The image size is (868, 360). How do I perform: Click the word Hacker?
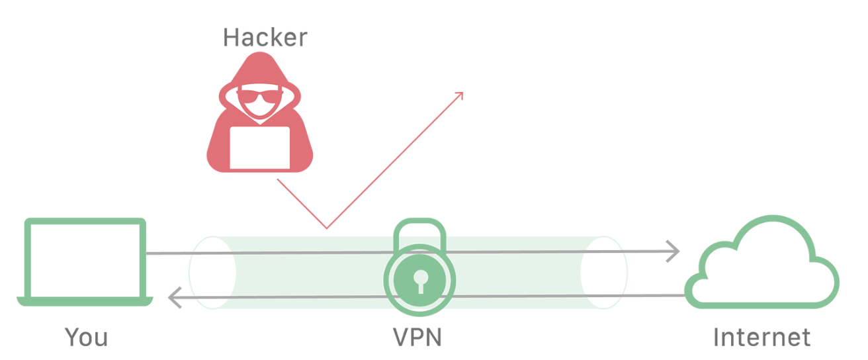[x=265, y=37]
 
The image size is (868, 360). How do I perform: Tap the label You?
[x=86, y=337]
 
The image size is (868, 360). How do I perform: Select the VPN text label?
[x=417, y=337]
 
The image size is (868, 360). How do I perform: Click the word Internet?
[x=761, y=337]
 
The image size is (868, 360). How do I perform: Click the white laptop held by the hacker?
[x=259, y=148]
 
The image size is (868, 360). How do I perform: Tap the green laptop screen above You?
[x=85, y=258]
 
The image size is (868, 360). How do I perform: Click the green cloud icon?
[x=761, y=265]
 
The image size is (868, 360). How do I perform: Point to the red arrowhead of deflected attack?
[x=459, y=95]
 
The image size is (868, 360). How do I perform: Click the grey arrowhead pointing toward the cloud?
[x=673, y=251]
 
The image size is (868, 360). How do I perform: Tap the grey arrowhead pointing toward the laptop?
[x=173, y=298]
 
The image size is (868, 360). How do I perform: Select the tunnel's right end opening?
[x=603, y=272]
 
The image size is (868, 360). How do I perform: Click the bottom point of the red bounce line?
[x=326, y=228]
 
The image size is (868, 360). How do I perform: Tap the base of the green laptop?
[x=85, y=302]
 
